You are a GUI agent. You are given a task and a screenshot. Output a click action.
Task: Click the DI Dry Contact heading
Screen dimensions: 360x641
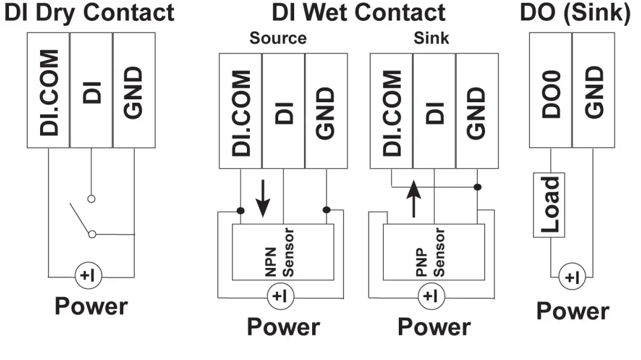click(x=89, y=13)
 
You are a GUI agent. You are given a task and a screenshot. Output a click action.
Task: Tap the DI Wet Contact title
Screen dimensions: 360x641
click(x=358, y=13)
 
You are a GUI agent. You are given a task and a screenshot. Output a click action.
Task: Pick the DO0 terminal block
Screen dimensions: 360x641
click(x=550, y=90)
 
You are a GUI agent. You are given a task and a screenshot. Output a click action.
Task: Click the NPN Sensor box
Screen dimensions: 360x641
click(x=283, y=252)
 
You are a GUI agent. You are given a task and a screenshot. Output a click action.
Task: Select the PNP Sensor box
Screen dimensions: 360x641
click(x=434, y=252)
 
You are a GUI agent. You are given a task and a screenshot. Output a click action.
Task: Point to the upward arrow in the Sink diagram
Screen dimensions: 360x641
click(x=413, y=200)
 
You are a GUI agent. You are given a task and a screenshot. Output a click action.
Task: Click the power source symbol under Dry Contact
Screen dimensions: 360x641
click(x=91, y=276)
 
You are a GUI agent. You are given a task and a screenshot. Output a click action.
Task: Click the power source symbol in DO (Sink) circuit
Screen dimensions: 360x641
click(x=572, y=278)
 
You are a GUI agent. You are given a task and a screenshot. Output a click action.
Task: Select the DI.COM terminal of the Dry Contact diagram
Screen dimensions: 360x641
click(x=48, y=90)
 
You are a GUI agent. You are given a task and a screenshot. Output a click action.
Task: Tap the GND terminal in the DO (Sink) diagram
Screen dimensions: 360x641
click(x=593, y=90)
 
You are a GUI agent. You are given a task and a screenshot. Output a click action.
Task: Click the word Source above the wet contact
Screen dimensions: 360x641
click(x=278, y=39)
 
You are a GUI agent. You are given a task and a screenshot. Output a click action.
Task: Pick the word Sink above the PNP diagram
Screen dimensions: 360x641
click(x=431, y=39)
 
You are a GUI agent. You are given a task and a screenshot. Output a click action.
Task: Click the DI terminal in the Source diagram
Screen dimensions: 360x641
click(x=283, y=111)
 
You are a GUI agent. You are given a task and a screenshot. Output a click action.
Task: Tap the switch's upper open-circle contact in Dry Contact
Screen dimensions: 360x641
click(x=91, y=198)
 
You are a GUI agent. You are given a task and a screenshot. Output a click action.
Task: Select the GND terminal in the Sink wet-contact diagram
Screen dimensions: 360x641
click(x=477, y=111)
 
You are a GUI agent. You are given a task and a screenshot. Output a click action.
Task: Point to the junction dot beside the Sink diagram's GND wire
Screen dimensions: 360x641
click(x=477, y=187)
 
